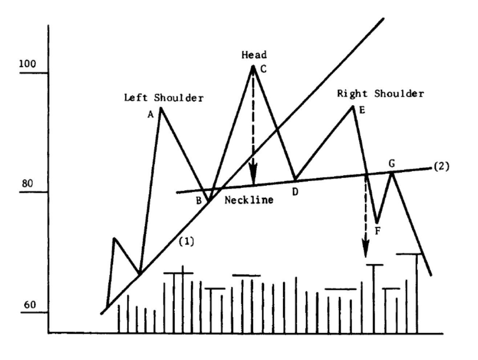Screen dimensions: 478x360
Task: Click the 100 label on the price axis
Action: pyautogui.click(x=28, y=64)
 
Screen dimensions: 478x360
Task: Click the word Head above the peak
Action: pyautogui.click(x=254, y=55)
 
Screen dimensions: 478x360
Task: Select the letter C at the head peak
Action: pyautogui.click(x=264, y=69)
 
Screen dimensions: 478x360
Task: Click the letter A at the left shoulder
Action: pyautogui.click(x=151, y=115)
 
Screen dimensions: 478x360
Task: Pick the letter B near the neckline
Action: pyautogui.click(x=199, y=200)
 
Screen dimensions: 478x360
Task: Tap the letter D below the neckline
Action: pyautogui.click(x=295, y=191)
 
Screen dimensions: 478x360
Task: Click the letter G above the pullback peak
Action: pyautogui.click(x=392, y=164)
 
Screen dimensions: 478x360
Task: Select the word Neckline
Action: pyautogui.click(x=249, y=200)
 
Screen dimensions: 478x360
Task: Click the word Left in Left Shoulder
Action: pyautogui.click(x=136, y=98)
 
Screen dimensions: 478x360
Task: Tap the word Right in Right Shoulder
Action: pyautogui.click(x=352, y=94)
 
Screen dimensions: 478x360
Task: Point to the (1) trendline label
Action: pyautogui.click(x=186, y=241)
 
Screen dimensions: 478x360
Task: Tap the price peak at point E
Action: pyautogui.click(x=352, y=106)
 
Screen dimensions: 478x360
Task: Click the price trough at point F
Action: pyautogui.click(x=377, y=222)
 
